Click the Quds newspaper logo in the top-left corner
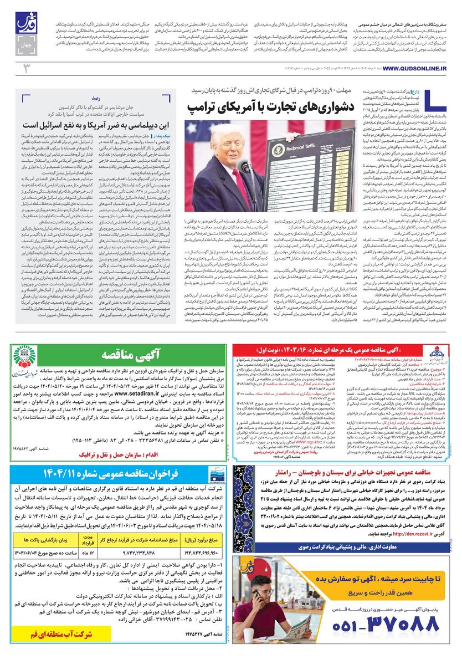(x=24, y=25)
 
